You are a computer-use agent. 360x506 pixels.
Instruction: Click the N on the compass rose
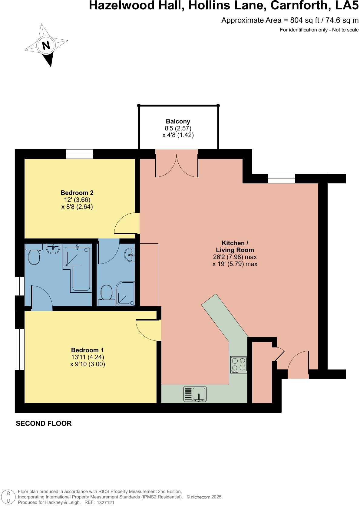click(46, 46)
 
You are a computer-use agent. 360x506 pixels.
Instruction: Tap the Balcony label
click(178, 121)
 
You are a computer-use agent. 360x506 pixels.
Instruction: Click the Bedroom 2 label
click(77, 193)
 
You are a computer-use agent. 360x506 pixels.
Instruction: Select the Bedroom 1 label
click(87, 350)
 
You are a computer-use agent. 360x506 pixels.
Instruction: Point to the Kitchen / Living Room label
click(235, 246)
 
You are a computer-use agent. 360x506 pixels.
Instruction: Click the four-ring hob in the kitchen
click(239, 365)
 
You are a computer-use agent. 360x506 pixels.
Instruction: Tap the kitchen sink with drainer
click(195, 394)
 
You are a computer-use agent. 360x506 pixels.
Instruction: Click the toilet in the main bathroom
click(34, 257)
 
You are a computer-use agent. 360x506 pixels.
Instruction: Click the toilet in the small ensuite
click(106, 293)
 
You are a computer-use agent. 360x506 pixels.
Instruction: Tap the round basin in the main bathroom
click(53, 248)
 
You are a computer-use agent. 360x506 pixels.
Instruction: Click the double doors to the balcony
click(177, 165)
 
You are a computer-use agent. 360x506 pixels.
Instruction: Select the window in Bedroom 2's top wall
click(80, 154)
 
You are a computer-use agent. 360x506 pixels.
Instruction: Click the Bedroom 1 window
click(20, 349)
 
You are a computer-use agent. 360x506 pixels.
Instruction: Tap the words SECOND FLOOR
click(44, 423)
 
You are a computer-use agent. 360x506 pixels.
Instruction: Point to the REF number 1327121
click(105, 502)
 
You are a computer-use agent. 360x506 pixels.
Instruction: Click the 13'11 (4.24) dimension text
click(88, 357)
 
